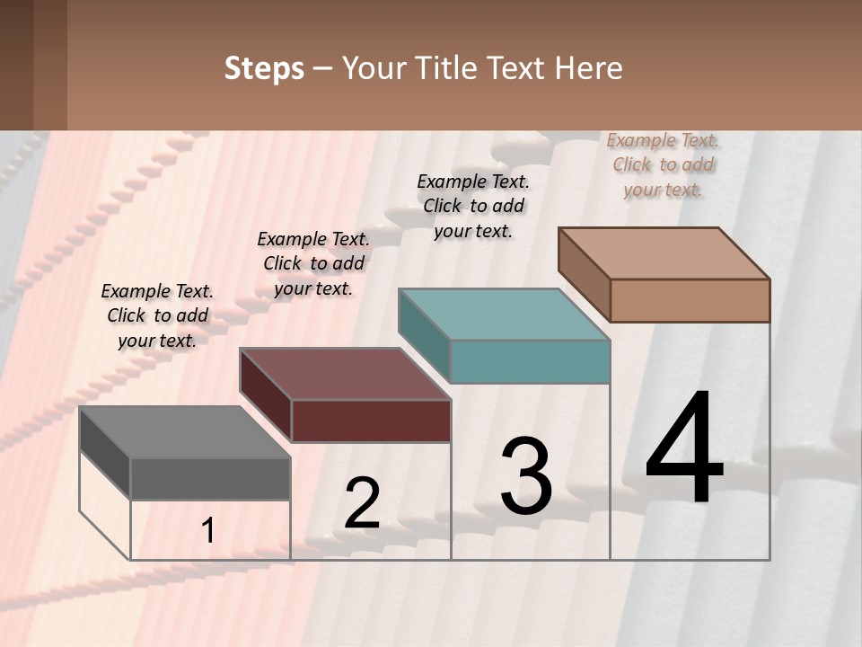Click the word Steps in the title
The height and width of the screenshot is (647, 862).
(x=264, y=68)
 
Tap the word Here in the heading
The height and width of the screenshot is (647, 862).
(x=587, y=68)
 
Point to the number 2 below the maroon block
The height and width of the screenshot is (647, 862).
(x=362, y=503)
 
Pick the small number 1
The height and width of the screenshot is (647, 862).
(x=208, y=530)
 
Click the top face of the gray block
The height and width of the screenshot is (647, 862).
(x=184, y=432)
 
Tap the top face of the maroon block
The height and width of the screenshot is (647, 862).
(x=345, y=374)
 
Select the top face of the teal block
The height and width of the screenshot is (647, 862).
(x=504, y=315)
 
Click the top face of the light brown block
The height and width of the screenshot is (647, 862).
(x=664, y=253)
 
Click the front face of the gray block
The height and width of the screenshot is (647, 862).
(x=210, y=479)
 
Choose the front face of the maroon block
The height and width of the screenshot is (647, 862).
(x=371, y=421)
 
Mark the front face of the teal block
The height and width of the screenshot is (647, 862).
(x=530, y=361)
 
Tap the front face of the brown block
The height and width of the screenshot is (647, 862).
(x=690, y=300)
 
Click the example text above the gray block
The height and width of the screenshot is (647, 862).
(x=157, y=315)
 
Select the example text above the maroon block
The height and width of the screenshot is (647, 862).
(x=313, y=263)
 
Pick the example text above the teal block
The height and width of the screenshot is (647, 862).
(x=473, y=206)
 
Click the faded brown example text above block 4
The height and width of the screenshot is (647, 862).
(x=663, y=164)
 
